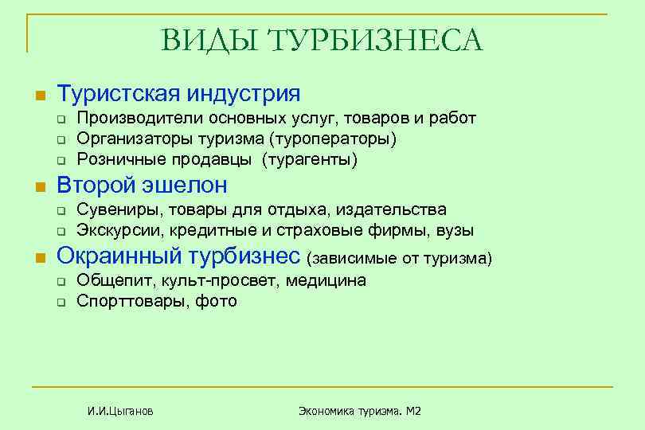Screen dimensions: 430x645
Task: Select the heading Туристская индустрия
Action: point(179,94)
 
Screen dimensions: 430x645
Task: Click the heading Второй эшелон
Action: point(143,186)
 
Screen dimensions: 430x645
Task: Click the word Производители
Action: point(140,119)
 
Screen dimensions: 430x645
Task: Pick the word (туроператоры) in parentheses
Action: point(333,139)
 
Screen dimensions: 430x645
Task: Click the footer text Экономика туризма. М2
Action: point(359,411)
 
